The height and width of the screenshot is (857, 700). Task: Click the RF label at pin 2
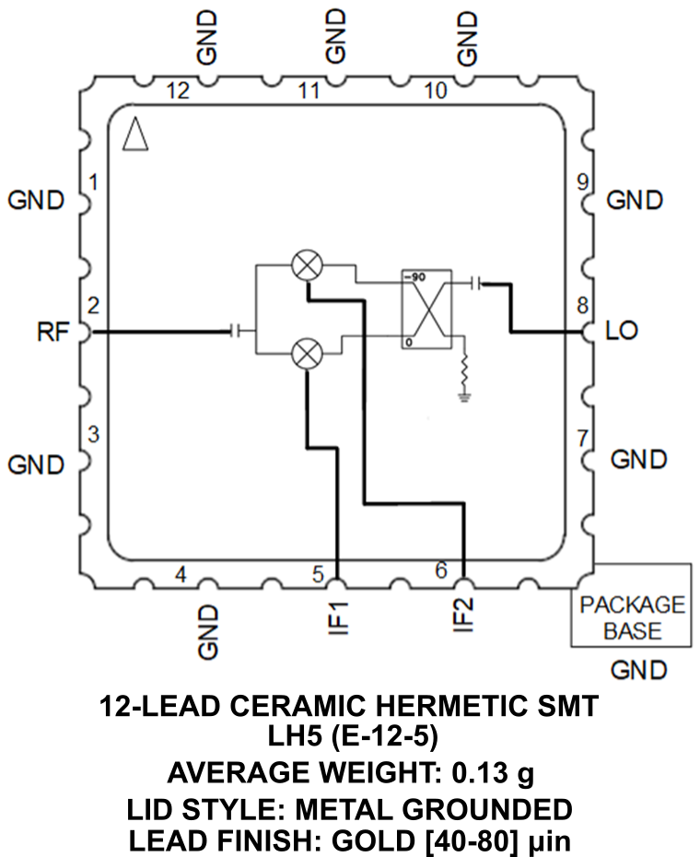(52, 332)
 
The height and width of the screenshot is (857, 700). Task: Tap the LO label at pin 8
(623, 331)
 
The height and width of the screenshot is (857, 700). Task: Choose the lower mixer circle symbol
(306, 353)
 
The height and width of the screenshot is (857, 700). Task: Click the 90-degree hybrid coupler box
(426, 310)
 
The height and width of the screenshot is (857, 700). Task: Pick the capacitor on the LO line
(475, 283)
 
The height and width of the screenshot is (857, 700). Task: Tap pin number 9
(581, 182)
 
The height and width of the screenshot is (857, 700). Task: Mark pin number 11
(309, 90)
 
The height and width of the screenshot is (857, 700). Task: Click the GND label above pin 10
(467, 37)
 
